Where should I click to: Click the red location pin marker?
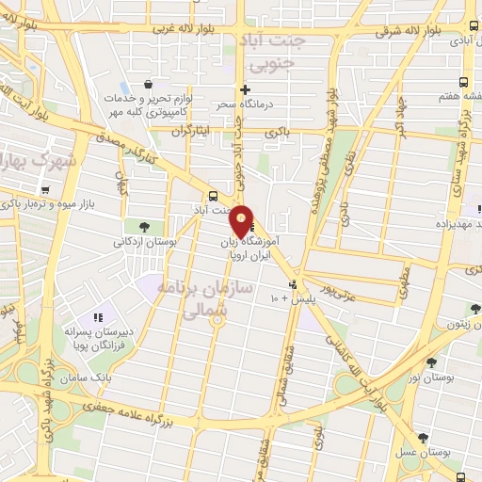tap(242, 220)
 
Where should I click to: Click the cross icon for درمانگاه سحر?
tap(246, 90)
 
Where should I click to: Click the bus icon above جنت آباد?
tap(213, 196)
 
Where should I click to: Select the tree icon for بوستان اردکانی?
tap(144, 226)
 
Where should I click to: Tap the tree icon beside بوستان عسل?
tap(423, 437)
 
